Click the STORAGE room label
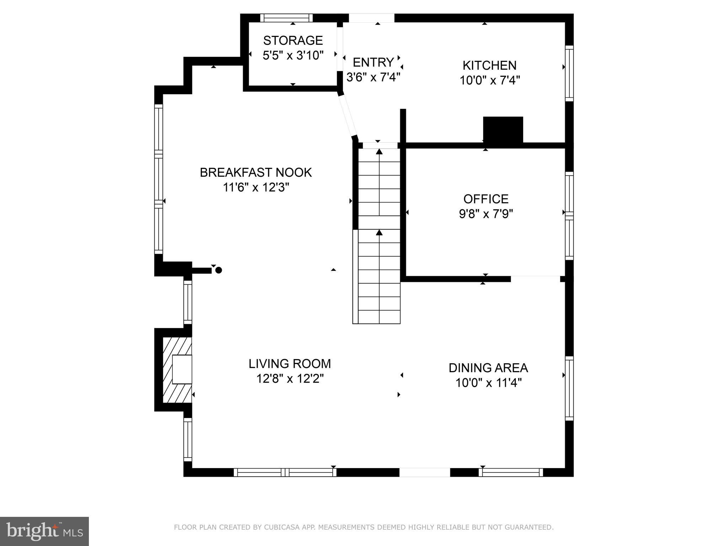pyautogui.click(x=293, y=40)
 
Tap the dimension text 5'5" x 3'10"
pyautogui.click(x=293, y=55)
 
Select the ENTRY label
pyautogui.click(x=373, y=62)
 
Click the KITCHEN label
pyautogui.click(x=489, y=65)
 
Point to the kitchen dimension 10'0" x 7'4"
pyautogui.click(x=489, y=80)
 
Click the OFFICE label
pyautogui.click(x=486, y=199)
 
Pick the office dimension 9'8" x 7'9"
pyautogui.click(x=486, y=214)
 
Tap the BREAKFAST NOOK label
pyautogui.click(x=256, y=172)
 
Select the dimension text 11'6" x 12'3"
pyautogui.click(x=256, y=187)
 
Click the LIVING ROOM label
pyautogui.click(x=290, y=364)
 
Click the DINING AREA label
pyautogui.click(x=488, y=368)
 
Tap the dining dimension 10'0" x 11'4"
pyautogui.click(x=488, y=383)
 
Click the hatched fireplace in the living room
pyautogui.click(x=177, y=370)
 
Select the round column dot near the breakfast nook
pyautogui.click(x=219, y=270)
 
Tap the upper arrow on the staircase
pyautogui.click(x=379, y=152)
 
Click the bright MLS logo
pyautogui.click(x=44, y=531)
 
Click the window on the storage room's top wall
pyautogui.click(x=286, y=18)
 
